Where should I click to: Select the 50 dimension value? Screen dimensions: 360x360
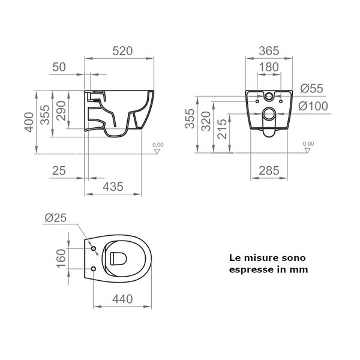coord(59,67)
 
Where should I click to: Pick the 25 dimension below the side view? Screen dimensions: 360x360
coord(59,171)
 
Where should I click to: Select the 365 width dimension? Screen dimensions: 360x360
coord(269,52)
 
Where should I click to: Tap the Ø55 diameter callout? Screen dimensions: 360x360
coord(311,88)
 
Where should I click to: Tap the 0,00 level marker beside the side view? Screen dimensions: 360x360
coord(158,145)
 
